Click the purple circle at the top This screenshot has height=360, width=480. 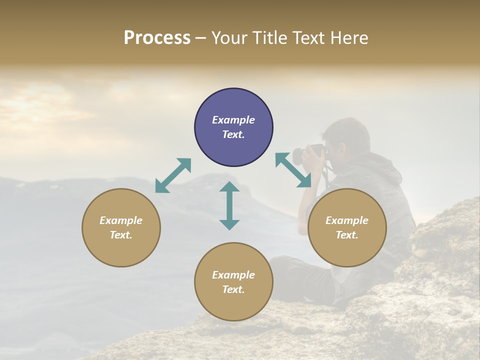[233, 127]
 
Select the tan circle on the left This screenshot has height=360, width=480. [121, 228]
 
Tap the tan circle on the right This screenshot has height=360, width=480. [347, 228]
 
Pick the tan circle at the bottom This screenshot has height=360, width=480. [233, 282]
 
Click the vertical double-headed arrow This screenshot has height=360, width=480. [229, 205]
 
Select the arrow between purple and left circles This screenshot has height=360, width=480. [173, 175]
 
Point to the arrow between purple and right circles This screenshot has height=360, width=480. [293, 170]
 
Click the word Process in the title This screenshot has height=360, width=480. [157, 37]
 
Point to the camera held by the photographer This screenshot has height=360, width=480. [307, 154]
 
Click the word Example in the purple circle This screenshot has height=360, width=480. [233, 120]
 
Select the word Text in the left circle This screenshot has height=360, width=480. [120, 235]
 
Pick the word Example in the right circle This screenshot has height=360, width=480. [347, 220]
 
